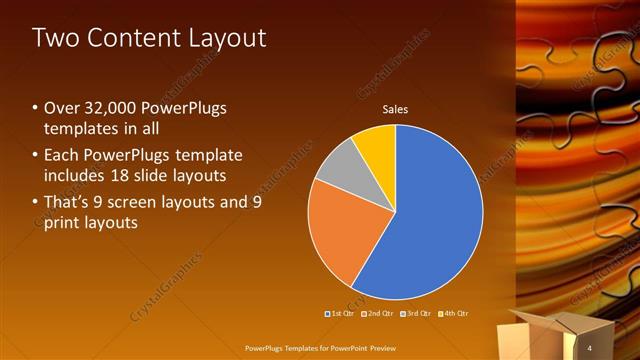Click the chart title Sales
(396, 110)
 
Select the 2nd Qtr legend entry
(377, 314)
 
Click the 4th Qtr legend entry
(452, 314)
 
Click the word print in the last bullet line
(63, 222)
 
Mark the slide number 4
(590, 347)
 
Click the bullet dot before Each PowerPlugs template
(36, 155)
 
